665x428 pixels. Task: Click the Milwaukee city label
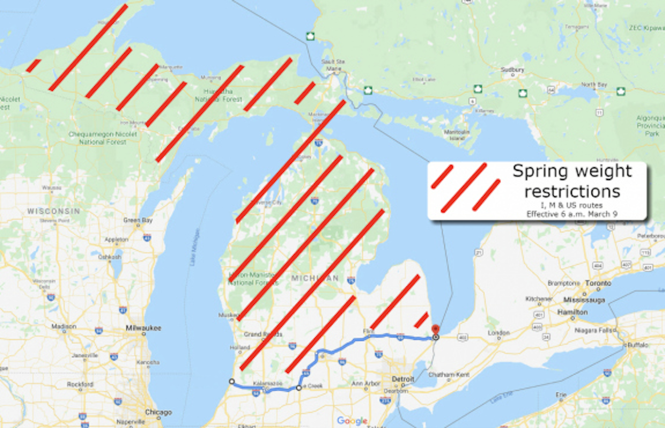point(143,328)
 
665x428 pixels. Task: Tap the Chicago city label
point(158,412)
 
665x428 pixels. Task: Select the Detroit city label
point(403,379)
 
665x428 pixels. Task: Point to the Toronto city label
point(598,283)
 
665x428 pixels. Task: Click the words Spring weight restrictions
point(572,181)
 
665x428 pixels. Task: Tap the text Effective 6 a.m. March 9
point(572,214)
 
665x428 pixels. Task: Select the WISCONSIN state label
point(54,211)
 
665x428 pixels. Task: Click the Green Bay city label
point(138,220)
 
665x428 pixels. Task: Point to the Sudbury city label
point(512,70)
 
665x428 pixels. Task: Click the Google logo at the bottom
point(352,421)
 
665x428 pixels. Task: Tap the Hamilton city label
point(573,312)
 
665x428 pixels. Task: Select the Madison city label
point(64,326)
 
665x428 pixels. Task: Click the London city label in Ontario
point(499,332)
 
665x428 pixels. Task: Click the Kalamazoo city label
point(267,384)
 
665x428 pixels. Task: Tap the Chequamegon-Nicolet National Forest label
point(103,138)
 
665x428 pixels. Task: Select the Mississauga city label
point(584,300)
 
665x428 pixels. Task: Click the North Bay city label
point(594,84)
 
